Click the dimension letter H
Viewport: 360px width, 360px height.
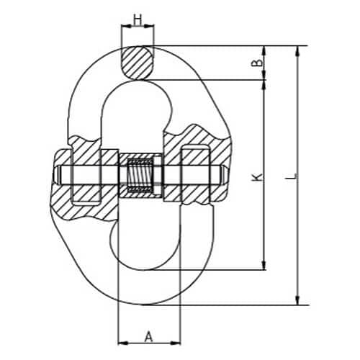tap(138, 19)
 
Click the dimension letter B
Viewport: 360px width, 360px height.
tap(257, 63)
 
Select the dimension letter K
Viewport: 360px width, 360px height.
tap(257, 177)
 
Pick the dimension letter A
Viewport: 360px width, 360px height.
tap(149, 336)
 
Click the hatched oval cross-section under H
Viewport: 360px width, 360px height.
tap(138, 63)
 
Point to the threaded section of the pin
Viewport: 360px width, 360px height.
tap(140, 175)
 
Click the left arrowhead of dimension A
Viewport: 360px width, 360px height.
tap(123, 343)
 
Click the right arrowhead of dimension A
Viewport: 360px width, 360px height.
tap(176, 343)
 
